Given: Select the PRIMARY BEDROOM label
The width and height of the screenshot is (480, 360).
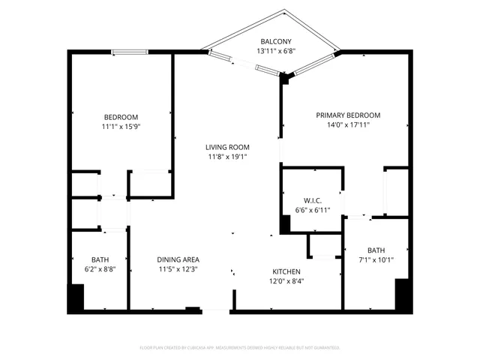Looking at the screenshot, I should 347,115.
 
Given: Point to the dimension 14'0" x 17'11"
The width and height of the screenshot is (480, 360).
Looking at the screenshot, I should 347,126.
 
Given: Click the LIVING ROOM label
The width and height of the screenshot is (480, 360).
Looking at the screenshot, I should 229,147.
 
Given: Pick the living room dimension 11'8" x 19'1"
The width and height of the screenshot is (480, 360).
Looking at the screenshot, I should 229,157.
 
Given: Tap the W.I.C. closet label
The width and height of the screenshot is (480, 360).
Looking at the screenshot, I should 313,200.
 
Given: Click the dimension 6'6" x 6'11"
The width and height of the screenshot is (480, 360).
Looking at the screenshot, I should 313,210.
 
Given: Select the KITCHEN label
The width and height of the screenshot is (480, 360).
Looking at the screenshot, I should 286,271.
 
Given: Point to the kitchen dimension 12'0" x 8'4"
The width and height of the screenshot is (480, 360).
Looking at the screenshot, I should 286,281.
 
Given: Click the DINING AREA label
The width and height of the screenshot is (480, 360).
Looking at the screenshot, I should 178,260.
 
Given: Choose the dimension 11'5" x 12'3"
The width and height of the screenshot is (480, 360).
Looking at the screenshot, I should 178,270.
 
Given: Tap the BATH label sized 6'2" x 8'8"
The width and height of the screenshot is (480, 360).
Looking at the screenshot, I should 100,260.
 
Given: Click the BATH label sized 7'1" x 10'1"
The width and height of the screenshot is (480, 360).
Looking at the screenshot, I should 376,250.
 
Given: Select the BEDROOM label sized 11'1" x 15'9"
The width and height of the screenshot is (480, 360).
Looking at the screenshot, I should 121,117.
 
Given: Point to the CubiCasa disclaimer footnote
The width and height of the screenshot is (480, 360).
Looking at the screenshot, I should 240,348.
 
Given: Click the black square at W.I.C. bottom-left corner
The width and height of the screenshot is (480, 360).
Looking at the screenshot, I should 286,224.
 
